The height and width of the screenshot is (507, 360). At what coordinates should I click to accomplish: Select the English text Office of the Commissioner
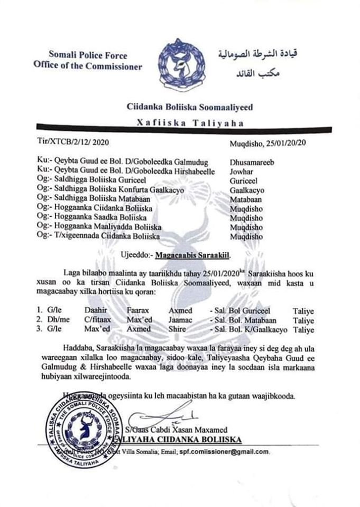pyautogui.click(x=87, y=67)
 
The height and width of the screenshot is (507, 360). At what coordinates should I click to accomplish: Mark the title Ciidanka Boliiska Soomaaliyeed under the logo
pyautogui.click(x=190, y=107)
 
